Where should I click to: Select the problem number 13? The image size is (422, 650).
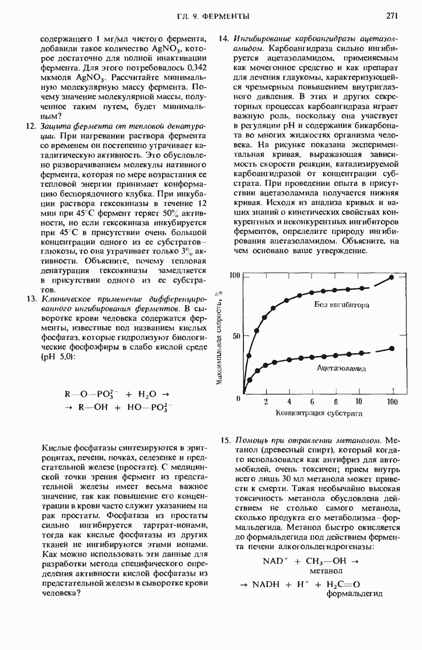click(x=31, y=299)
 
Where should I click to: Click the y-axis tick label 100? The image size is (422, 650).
click(x=234, y=276)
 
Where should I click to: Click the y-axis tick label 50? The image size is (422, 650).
click(x=236, y=336)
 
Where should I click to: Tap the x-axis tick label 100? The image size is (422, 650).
click(x=392, y=402)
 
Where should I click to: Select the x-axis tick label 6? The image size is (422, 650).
click(x=312, y=402)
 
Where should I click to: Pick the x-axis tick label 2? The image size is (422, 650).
click(x=266, y=402)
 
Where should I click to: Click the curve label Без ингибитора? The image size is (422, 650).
click(x=342, y=305)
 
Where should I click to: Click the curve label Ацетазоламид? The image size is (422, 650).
click(x=342, y=368)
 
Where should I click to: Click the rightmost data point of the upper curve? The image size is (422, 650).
click(x=392, y=277)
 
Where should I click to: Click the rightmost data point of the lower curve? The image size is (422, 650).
click(x=392, y=348)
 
